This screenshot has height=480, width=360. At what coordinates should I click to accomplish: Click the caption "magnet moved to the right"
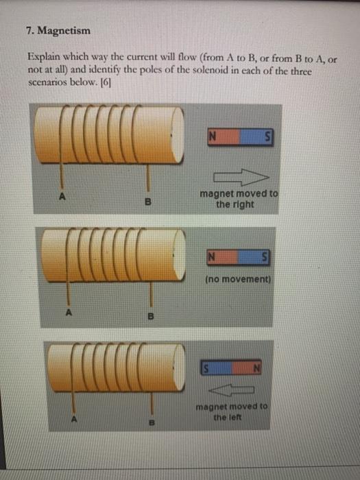[x=239, y=199]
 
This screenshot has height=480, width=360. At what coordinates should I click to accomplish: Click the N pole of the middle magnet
[x=213, y=259]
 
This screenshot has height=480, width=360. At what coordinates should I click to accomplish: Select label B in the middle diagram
[x=150, y=317]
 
